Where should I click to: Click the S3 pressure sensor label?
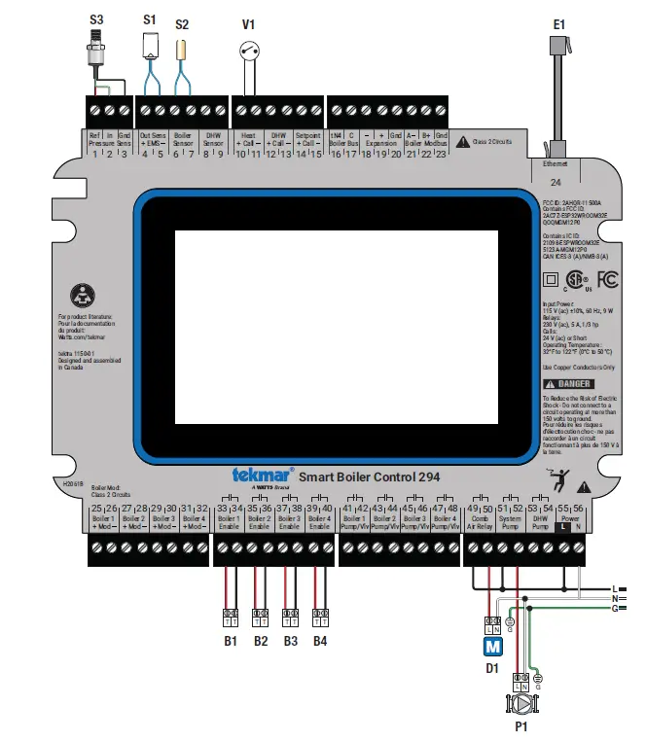coord(97,18)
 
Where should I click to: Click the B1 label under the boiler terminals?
coord(232,641)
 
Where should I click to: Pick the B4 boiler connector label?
coord(320,641)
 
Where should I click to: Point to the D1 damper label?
coord(492,668)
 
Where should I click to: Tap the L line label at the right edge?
coord(614,588)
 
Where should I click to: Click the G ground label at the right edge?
coord(614,608)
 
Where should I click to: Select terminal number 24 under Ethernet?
coord(556,182)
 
